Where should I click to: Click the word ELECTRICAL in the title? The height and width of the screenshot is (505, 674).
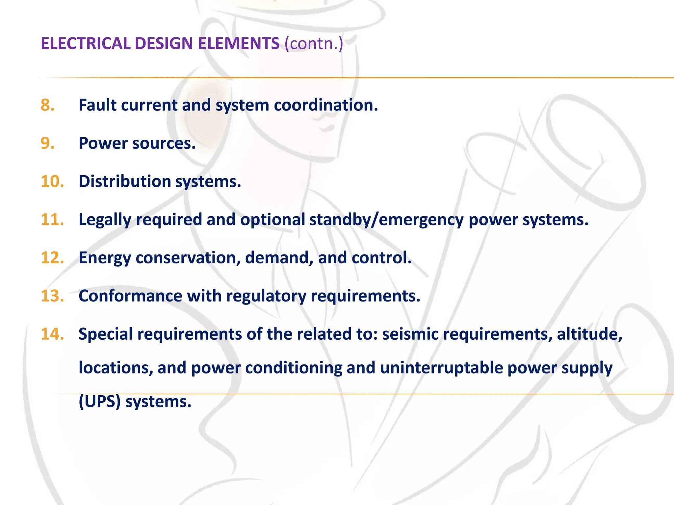pyautogui.click(x=86, y=43)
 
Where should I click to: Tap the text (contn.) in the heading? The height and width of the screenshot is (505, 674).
pyautogui.click(x=314, y=43)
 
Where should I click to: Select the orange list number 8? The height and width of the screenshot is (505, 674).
pyautogui.click(x=48, y=105)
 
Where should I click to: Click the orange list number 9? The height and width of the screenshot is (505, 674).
pyautogui.click(x=48, y=143)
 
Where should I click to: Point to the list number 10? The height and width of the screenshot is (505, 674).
pyautogui.click(x=52, y=181)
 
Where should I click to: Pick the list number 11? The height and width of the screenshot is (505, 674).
pyautogui.click(x=52, y=220)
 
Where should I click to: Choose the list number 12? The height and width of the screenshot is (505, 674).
pyautogui.click(x=52, y=258)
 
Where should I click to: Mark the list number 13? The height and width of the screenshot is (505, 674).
pyautogui.click(x=52, y=296)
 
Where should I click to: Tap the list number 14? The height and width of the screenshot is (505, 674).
pyautogui.click(x=52, y=334)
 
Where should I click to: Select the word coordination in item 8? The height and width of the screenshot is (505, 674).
pyautogui.click(x=326, y=105)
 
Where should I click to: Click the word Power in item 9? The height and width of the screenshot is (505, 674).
pyautogui.click(x=103, y=143)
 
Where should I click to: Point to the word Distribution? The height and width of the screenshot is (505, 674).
pyautogui.click(x=125, y=181)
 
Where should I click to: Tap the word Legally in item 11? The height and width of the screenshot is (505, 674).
pyautogui.click(x=105, y=220)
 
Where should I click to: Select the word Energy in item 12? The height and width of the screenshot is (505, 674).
pyautogui.click(x=105, y=258)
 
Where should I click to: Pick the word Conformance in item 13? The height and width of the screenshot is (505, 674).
pyautogui.click(x=130, y=296)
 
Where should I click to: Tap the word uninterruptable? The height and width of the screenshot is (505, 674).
pyautogui.click(x=441, y=368)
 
